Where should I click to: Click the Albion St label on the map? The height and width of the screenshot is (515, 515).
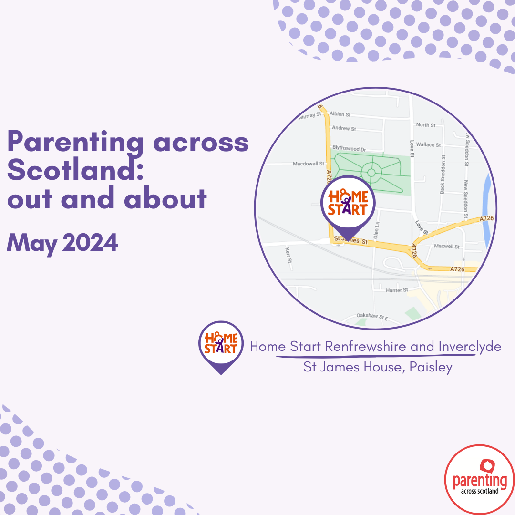coord(340,114)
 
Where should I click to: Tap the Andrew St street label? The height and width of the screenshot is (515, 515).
coord(344,128)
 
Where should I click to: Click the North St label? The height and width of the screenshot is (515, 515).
coord(426,125)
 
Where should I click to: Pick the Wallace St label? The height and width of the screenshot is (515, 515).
coord(429,144)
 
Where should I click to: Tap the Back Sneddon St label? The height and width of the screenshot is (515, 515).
coord(443,171)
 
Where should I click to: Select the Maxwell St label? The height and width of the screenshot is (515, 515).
coord(447,247)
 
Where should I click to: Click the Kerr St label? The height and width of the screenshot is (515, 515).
coord(288,255)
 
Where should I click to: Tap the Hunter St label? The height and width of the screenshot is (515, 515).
coord(397,290)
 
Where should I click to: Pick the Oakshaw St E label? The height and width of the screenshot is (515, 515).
coord(372,316)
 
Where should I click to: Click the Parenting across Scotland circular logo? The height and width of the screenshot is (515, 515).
coord(479,479)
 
